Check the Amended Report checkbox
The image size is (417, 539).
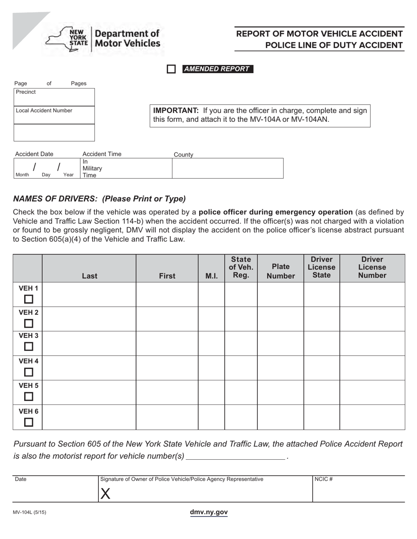(171, 69)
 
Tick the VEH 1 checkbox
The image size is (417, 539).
(29, 299)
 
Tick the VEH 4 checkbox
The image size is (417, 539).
(29, 372)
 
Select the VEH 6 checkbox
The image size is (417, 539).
(29, 422)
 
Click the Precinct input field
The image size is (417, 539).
(54, 99)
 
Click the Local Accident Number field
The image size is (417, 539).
(54, 117)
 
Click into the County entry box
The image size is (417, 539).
(227, 168)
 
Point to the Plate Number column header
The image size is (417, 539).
(280, 271)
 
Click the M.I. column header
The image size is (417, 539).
(211, 276)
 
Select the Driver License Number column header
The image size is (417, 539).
(372, 267)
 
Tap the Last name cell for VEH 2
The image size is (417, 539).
(89, 319)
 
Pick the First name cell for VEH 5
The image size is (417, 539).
(167, 392)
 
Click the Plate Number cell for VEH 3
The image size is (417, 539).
(280, 344)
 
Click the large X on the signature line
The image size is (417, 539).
(105, 494)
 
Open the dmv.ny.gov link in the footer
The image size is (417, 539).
(208, 512)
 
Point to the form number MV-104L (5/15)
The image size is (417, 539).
(30, 512)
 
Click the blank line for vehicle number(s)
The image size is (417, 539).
(235, 456)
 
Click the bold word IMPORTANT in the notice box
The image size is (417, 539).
(176, 110)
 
